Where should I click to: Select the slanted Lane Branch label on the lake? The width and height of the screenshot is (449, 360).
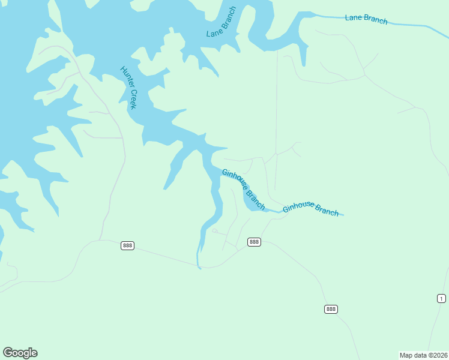221,23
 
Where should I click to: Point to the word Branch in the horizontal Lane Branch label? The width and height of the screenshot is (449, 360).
376,20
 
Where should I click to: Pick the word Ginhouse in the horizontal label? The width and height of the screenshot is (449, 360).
299,206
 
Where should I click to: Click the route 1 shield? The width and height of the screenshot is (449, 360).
441,298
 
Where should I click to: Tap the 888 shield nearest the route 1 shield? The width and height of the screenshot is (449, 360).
331,309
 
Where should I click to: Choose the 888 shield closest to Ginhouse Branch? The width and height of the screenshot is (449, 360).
254,242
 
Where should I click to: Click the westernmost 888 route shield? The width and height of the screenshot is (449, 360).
127,245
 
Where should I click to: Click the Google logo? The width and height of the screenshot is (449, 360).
20,353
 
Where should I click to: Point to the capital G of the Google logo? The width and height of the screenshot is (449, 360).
7,352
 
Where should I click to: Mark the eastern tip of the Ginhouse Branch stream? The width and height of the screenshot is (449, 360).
343,215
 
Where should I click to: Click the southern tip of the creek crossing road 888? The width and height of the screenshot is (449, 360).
199,268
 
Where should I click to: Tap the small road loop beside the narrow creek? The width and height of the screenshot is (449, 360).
214,230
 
